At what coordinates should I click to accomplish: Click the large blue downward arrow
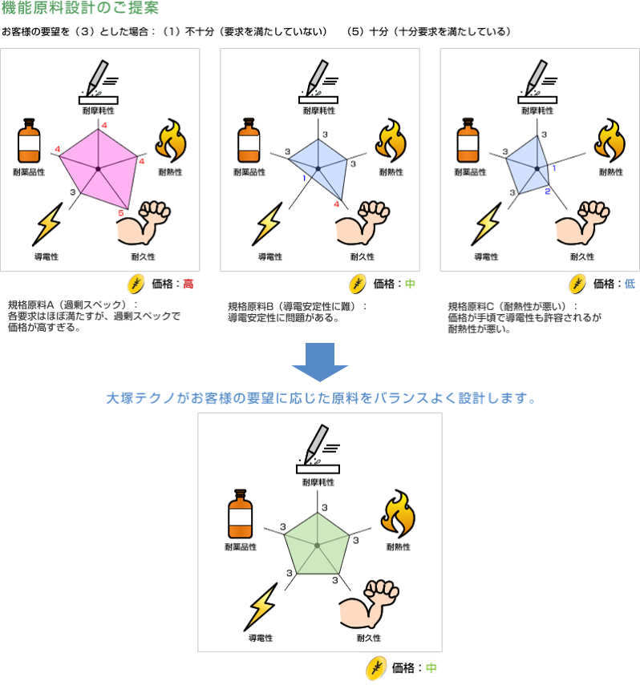[319, 362]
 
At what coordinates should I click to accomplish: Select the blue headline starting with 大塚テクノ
[320, 397]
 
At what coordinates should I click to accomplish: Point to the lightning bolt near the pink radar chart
[48, 224]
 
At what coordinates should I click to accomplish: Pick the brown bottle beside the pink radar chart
[30, 142]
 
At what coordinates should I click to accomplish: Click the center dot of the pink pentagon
[98, 168]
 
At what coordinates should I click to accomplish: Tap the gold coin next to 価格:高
[137, 283]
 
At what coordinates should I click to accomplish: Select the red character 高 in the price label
[188, 284]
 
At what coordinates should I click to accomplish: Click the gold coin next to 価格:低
[577, 284]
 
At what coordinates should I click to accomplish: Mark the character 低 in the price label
[630, 284]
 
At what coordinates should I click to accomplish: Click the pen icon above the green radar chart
[315, 445]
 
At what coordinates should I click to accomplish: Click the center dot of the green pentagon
[318, 545]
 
